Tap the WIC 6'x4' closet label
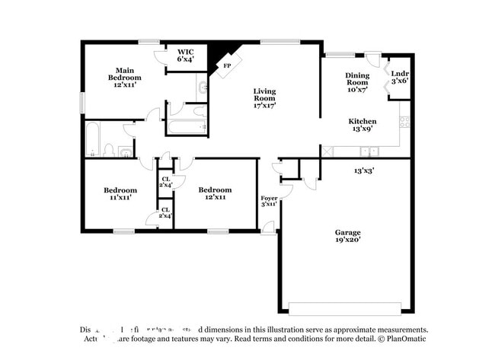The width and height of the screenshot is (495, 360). point(186,55)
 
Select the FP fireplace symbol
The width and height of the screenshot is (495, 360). point(226,65)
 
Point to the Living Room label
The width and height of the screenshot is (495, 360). point(264,98)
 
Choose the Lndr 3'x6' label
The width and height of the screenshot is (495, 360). point(399,76)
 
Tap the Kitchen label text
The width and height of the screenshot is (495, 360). point(362,126)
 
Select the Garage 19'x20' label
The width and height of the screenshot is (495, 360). point(347,236)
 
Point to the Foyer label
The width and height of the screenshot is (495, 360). point(270,201)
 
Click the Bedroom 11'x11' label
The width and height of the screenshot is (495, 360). point(120,193)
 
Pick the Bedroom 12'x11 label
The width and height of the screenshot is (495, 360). point(215,193)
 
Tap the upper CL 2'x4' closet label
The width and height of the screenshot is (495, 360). point(165,181)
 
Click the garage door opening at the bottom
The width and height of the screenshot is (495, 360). point(344,308)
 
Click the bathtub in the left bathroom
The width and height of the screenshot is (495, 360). point(93,139)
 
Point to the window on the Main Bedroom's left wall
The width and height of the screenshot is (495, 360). point(83,102)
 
